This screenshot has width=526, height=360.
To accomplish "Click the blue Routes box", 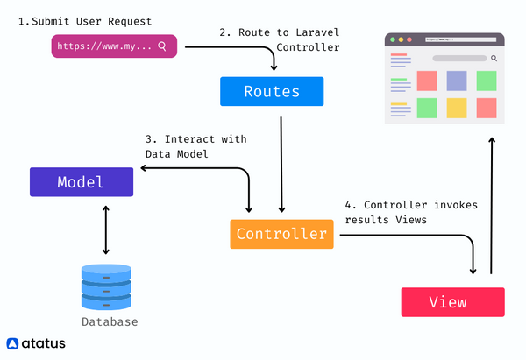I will point(271,91).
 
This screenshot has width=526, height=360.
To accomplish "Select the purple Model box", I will point(81,182).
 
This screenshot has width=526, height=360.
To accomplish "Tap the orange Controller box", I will point(281,234).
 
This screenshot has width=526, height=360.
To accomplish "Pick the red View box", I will point(452,302).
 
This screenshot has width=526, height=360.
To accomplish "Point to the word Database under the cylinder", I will point(110,322).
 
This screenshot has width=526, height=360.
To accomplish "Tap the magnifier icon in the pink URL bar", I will point(162,46).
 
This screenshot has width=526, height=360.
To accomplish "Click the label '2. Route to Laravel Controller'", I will point(278,39).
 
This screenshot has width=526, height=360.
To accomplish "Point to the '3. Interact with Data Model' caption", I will point(195,146).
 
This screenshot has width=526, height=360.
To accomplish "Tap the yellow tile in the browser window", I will point(456,108).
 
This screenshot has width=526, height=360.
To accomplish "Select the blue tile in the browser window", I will point(456,81).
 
